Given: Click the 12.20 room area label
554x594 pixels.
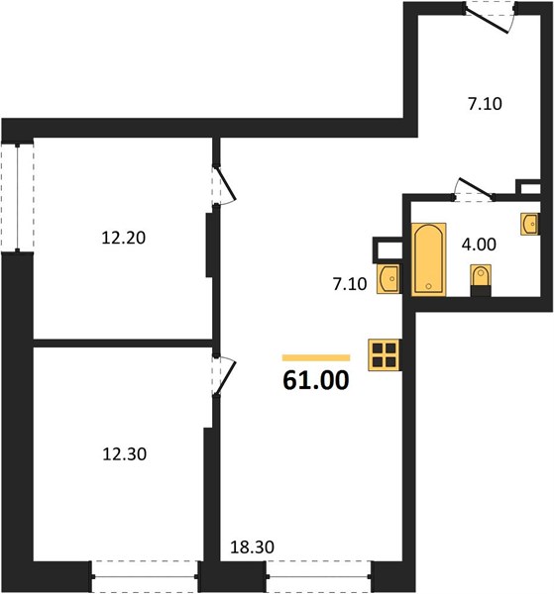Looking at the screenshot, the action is [x=124, y=238].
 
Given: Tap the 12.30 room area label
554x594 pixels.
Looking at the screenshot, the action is [x=124, y=453].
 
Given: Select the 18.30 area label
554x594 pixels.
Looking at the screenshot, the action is [x=252, y=547].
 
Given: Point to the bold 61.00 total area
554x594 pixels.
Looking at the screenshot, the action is [x=316, y=380].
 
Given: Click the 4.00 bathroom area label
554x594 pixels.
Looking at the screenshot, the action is [x=479, y=245].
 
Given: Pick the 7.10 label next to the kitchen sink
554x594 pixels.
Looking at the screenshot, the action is [x=350, y=284].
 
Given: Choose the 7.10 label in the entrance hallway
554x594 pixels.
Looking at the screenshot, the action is [x=485, y=104].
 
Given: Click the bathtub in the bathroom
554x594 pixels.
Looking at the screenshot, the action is [x=428, y=259].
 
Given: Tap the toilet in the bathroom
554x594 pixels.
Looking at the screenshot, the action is [x=481, y=279].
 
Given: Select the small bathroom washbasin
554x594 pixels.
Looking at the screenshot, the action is [x=530, y=225].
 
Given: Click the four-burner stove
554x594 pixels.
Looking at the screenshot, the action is [x=384, y=354].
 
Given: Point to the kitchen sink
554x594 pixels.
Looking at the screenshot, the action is [x=388, y=279].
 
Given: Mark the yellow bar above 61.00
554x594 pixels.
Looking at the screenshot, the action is [x=316, y=357].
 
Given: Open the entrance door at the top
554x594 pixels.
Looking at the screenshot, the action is [x=490, y=17].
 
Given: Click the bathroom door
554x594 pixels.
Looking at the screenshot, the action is [x=474, y=190].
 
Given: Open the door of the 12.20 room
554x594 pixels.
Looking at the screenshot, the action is [x=224, y=186].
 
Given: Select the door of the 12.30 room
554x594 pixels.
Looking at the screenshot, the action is [x=224, y=376].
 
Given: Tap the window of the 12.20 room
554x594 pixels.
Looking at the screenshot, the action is [x=18, y=197].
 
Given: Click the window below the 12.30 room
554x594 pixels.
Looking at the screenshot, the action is [x=145, y=576].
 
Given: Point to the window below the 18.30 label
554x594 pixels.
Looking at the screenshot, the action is [x=319, y=576].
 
